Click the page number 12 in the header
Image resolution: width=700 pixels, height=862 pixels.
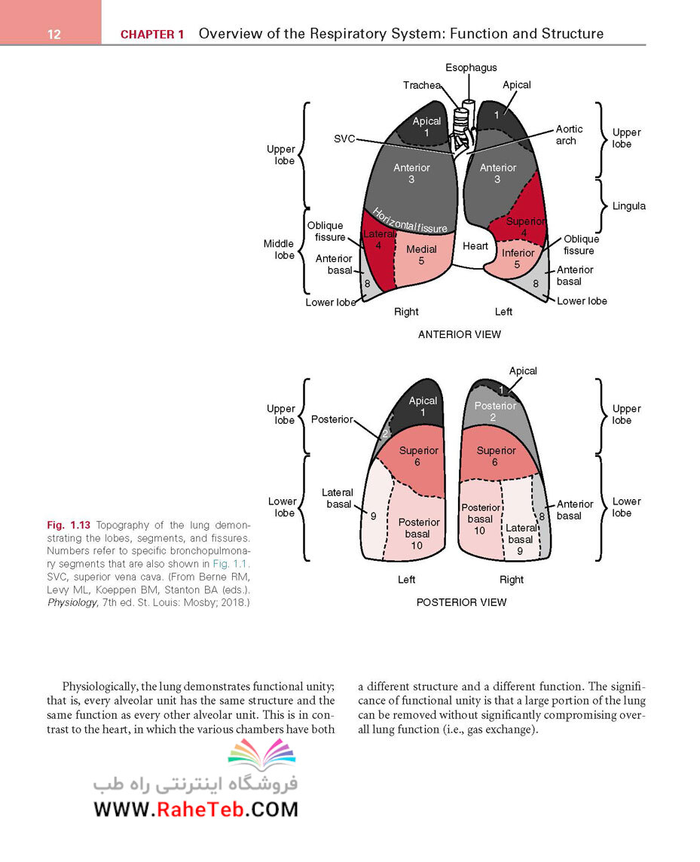pos(54,34)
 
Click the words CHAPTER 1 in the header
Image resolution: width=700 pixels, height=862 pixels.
pos(152,34)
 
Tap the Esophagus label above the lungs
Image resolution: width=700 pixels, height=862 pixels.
pos(471,68)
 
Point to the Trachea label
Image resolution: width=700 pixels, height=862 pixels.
pos(421,85)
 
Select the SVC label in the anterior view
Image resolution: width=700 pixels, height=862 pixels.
pos(344,139)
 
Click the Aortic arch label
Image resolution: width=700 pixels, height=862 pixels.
pos(569,135)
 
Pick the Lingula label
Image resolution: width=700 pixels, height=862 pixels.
pos(629,206)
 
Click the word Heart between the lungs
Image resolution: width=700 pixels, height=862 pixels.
pos(475,245)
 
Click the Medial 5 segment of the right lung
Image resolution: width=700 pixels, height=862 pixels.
pos(421,255)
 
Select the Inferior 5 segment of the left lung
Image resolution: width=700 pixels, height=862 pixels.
pos(518,258)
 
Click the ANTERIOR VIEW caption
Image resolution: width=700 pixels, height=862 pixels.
pos(460,334)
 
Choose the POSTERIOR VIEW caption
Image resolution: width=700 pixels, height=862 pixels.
pos(461,602)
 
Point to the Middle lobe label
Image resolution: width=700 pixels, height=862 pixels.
pos(279,250)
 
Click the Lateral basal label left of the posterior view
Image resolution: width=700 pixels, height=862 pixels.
pos(338,498)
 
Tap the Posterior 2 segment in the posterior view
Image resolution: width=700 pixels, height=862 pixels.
pos(495,411)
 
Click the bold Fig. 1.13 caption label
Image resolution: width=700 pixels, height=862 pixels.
pos(69,525)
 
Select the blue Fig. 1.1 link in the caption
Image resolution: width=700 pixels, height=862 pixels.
pos(230,564)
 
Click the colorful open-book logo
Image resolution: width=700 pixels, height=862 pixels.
pos(262,754)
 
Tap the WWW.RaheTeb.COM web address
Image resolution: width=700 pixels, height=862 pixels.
pos(196,809)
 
